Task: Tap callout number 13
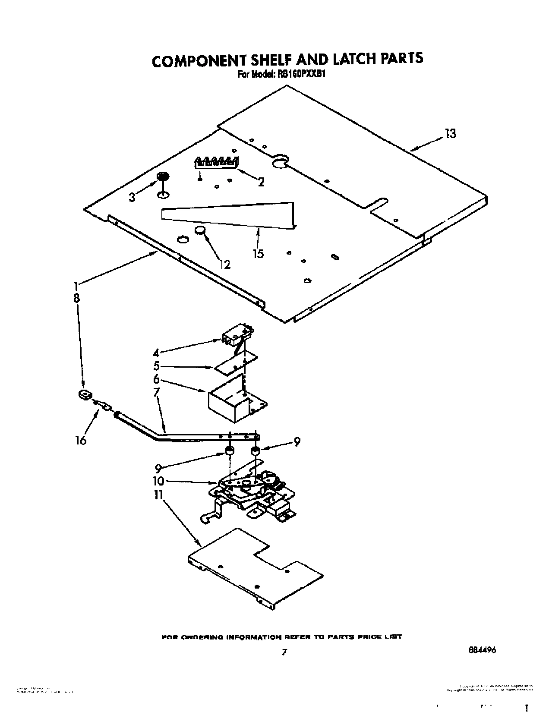click(450, 134)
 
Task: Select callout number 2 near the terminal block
click(261, 182)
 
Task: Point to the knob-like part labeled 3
click(163, 176)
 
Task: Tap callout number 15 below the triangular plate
click(258, 253)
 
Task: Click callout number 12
click(225, 264)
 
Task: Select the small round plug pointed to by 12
click(199, 230)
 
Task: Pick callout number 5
click(156, 366)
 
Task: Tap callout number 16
click(81, 440)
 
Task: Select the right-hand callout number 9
click(297, 442)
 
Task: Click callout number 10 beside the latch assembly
click(158, 481)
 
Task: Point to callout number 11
click(158, 495)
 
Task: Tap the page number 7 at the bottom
click(284, 652)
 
